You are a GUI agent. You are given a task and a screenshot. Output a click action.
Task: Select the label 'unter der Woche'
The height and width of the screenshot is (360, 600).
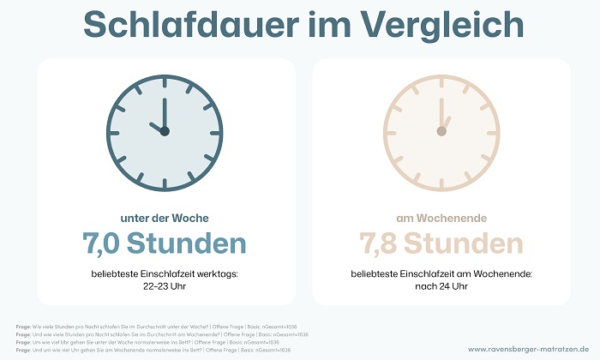[165, 218]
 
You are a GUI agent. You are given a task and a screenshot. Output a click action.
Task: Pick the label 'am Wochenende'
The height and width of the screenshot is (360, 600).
[441, 218]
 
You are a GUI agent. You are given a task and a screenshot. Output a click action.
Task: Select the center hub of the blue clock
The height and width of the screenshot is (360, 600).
[165, 131]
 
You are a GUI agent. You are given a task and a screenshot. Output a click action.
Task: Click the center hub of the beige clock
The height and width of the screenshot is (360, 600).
[441, 131]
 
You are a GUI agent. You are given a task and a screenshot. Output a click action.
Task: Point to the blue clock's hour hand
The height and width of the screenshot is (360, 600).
[156, 126]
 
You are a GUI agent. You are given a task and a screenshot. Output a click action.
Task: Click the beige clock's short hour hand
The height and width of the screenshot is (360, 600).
[446, 123]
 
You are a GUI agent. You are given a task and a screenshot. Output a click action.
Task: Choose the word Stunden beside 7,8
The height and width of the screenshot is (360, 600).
[464, 244]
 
